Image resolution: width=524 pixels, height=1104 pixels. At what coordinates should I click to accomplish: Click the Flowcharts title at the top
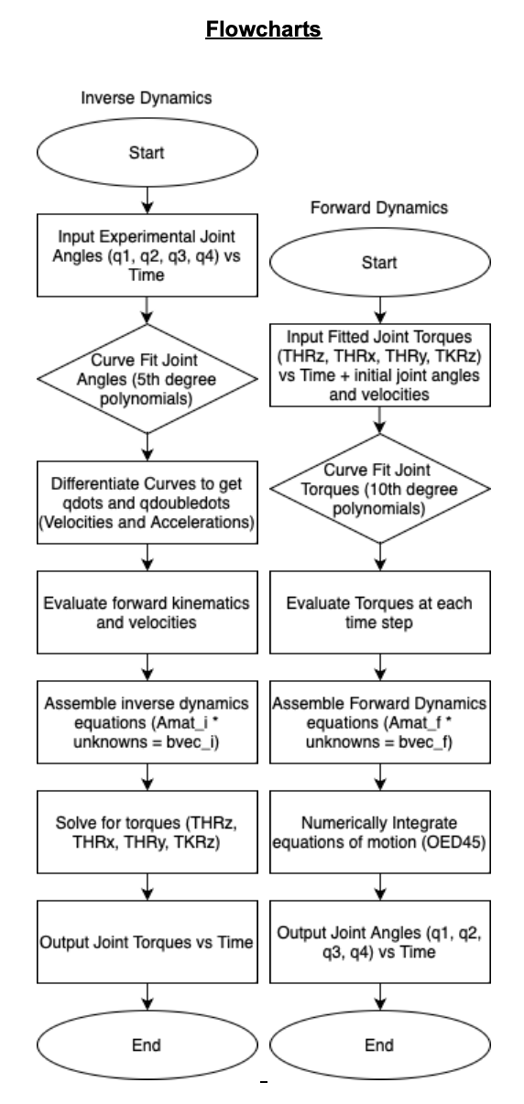pos(264,29)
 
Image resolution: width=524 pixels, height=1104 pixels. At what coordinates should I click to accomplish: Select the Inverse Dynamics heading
pos(147,98)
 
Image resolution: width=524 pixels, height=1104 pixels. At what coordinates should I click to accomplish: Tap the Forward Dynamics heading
pos(379,208)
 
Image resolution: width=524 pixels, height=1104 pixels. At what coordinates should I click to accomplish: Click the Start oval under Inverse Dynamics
pos(147,152)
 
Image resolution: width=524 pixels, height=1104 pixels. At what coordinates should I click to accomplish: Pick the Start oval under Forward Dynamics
pos(380,262)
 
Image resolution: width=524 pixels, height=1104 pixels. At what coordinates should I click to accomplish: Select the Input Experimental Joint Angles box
pos(147,255)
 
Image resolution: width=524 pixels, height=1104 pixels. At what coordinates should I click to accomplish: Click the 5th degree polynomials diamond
pos(147,378)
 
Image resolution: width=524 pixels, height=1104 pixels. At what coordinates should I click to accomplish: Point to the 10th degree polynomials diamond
pos(380,489)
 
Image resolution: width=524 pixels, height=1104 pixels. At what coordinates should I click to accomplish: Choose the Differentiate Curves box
pos(147,503)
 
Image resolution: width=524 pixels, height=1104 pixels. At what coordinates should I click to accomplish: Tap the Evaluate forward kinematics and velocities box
pos(147,612)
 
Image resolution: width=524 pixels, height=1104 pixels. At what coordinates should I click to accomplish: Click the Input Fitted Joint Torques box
pos(380,365)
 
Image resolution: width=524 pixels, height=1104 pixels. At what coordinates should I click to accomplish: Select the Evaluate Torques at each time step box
pos(380,612)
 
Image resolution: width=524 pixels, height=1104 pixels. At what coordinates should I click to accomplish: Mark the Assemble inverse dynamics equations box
pos(147,722)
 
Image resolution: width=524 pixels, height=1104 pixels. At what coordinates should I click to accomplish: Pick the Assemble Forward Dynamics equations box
pos(380,722)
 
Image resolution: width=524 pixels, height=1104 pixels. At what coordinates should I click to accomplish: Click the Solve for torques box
pos(147,832)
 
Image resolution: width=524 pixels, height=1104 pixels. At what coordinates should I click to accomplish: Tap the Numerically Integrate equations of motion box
pos(380,832)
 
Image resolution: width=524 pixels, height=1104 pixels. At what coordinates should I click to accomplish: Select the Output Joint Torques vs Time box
pos(147,942)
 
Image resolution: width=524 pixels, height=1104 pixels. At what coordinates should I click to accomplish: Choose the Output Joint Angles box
pos(380,942)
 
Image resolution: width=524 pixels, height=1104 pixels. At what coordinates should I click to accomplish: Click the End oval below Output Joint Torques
pos(147,1044)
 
